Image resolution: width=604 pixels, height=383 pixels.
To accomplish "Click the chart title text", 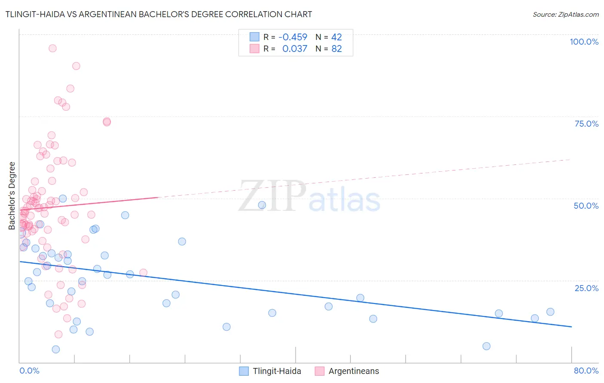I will coord(159,14).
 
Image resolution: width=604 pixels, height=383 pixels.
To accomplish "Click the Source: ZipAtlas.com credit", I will coord(565,14).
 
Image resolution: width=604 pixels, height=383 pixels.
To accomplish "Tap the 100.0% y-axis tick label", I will coord(584,42).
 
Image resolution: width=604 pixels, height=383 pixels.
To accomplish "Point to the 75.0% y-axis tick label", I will coord(586,124).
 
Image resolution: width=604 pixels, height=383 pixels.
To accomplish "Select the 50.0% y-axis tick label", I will coord(586,206).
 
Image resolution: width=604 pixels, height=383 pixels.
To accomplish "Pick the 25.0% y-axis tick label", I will coord(586,288).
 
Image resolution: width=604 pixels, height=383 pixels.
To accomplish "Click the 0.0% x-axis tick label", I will coord(29,371).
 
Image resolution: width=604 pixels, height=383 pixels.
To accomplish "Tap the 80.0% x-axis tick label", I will coord(586,371).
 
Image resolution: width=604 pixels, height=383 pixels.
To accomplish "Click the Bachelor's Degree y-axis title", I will coord(12,196).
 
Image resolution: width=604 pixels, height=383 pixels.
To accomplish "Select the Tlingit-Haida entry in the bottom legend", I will coord(277,371).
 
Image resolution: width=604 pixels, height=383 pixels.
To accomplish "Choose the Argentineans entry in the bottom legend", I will coord(354,371).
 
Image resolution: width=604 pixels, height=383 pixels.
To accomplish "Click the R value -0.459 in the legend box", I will coord(293,37).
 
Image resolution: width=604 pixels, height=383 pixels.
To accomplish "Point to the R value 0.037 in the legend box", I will coord(295,49).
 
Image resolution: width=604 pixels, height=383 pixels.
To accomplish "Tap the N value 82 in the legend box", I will coord(337,49).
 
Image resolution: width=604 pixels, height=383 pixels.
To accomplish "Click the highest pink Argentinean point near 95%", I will coord(52,48).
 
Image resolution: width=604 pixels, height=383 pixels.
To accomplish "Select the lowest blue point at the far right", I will coord(486,346).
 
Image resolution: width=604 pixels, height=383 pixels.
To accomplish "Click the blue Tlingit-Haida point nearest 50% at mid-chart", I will coord(262,205).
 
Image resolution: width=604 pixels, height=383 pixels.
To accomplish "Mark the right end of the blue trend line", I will coord(571,327).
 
